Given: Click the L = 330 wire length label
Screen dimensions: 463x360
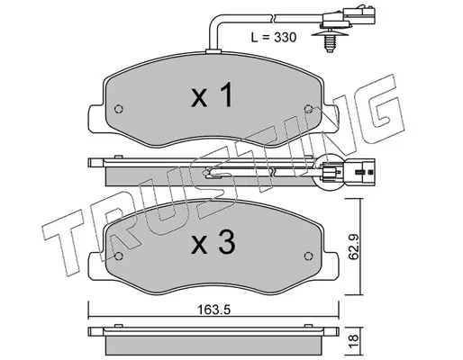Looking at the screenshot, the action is [x=274, y=38].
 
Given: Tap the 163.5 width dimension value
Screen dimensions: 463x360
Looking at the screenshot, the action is [x=213, y=310].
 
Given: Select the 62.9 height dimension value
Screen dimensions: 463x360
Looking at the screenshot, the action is [x=354, y=247].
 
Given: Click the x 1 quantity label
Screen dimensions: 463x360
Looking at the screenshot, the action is [x=212, y=94].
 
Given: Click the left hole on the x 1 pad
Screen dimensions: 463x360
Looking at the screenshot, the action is [x=119, y=109].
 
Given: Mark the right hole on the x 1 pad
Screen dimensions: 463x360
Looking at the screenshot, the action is [x=308, y=109].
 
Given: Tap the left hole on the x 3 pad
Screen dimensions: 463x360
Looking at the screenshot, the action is [x=119, y=256].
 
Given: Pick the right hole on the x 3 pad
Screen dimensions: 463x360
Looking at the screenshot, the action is [x=308, y=256].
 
